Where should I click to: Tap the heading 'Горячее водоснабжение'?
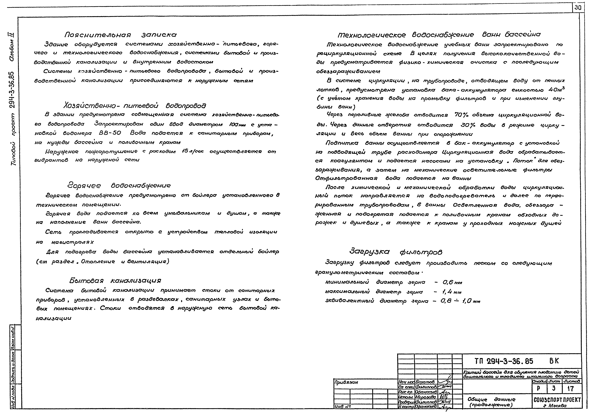(x=119, y=186)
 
